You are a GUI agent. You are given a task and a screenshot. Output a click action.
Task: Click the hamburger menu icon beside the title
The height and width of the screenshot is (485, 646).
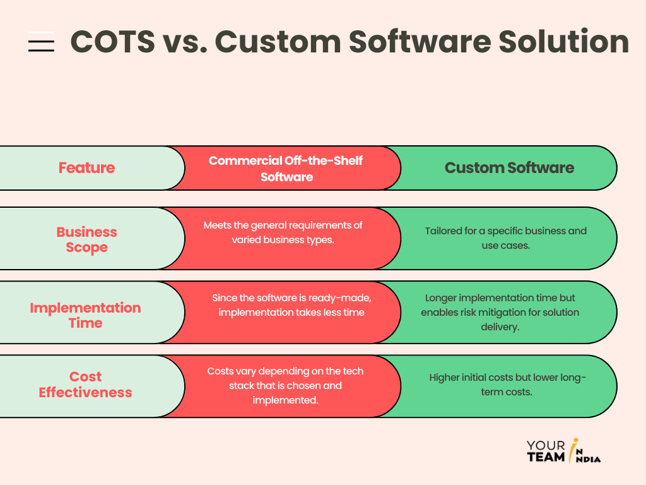click(x=41, y=42)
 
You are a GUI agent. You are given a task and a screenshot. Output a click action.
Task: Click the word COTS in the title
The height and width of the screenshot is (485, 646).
click(x=112, y=42)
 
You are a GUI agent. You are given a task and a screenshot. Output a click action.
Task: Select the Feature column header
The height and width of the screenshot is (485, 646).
click(x=86, y=168)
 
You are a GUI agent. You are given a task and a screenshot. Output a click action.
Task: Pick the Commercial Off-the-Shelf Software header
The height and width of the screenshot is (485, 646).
click(x=286, y=169)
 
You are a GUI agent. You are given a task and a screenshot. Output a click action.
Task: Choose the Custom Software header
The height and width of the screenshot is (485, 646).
click(x=509, y=168)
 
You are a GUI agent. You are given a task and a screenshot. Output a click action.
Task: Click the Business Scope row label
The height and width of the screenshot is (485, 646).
click(x=86, y=239)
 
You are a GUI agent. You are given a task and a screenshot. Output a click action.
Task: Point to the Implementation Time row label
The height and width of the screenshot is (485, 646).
click(x=85, y=315)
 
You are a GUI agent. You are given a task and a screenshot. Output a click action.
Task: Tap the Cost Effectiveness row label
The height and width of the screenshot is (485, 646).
click(x=85, y=385)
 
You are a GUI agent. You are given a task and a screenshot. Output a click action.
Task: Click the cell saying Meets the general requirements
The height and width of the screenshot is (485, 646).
click(x=283, y=232)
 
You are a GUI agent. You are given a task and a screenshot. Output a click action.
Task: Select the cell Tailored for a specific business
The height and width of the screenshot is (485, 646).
click(x=505, y=237)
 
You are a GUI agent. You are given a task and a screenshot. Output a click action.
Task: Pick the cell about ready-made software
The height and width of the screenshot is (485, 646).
click(x=288, y=305)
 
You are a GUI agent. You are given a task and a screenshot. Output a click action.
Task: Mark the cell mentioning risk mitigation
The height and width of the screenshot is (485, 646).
click(x=500, y=313)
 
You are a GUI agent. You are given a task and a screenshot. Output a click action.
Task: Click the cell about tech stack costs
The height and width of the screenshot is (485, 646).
click(x=285, y=385)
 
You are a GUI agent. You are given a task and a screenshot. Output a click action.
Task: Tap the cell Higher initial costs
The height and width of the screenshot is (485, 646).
click(x=507, y=385)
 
